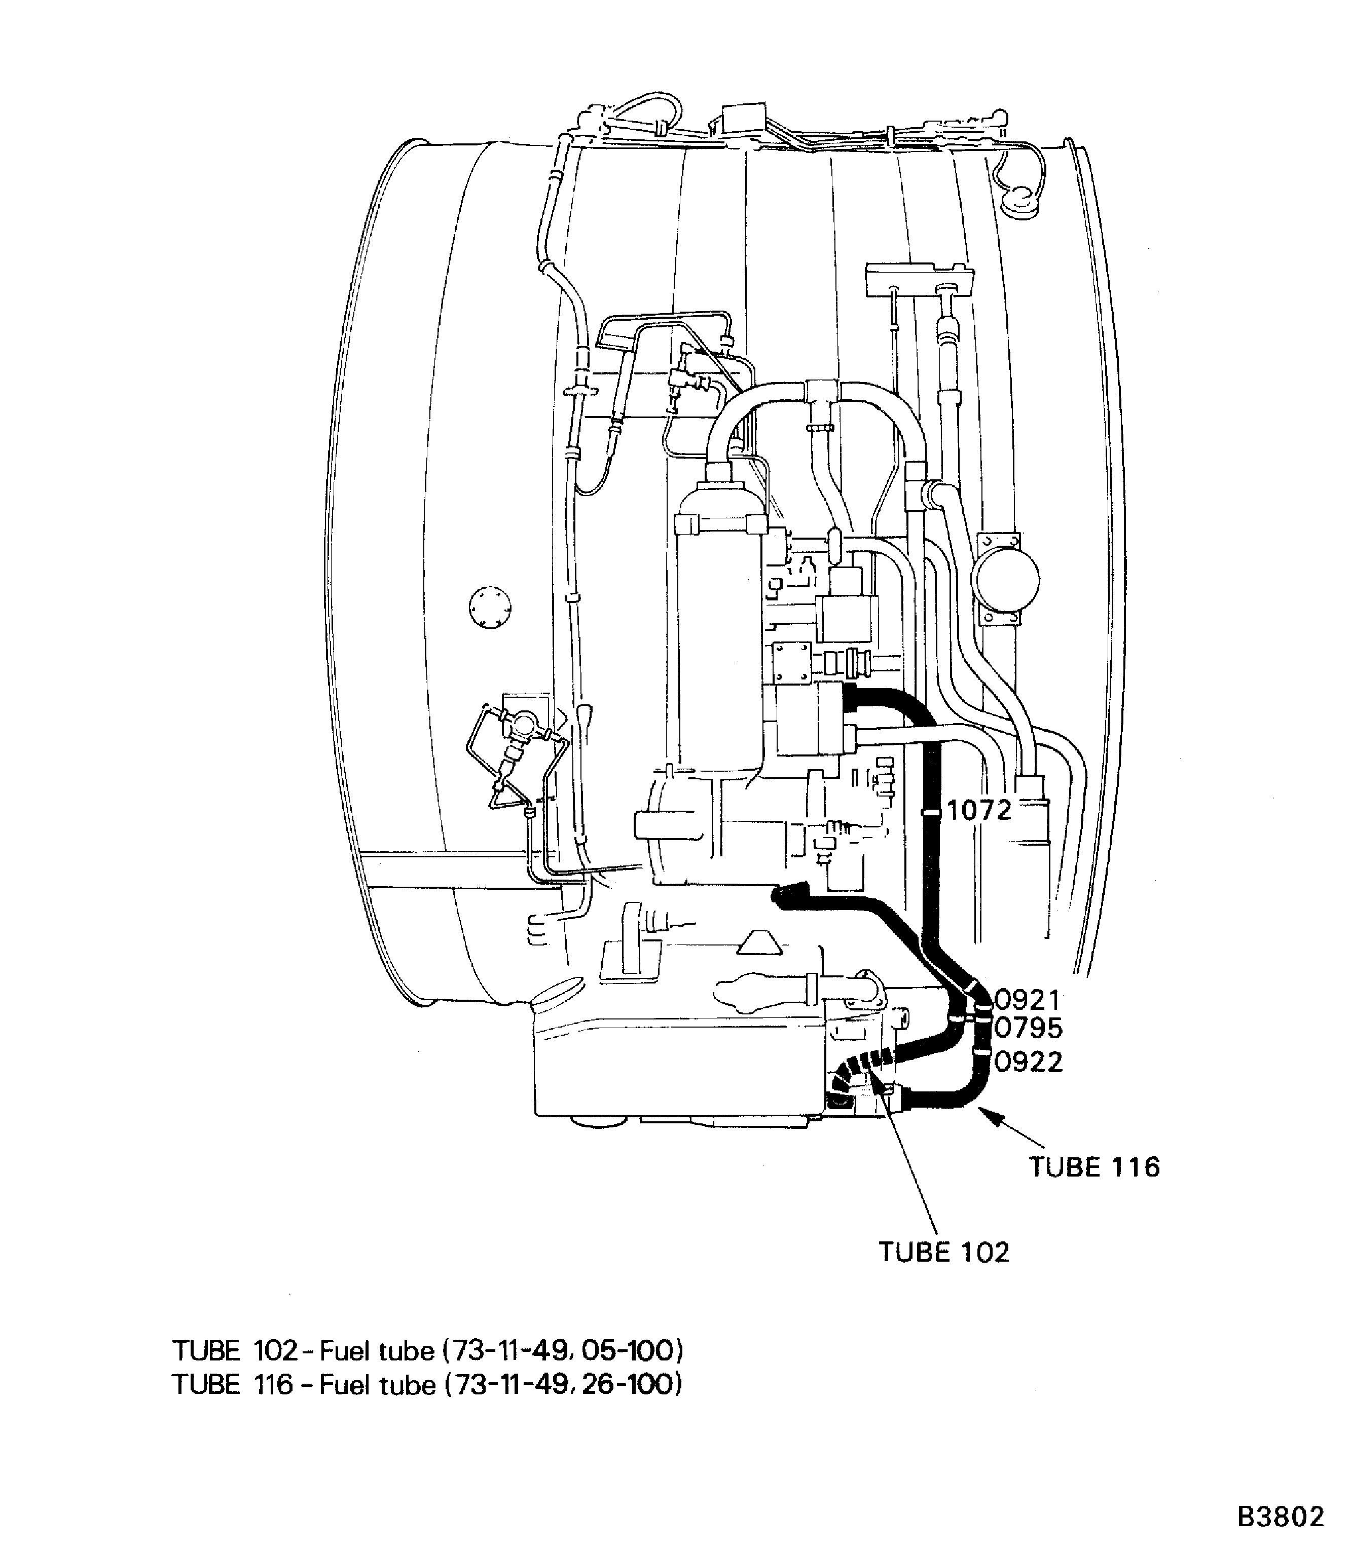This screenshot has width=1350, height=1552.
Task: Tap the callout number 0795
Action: point(1028,1028)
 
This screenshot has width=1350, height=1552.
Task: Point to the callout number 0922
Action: point(1028,1062)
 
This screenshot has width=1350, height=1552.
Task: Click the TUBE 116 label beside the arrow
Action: point(1094,1167)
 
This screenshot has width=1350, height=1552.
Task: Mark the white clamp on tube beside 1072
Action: point(931,813)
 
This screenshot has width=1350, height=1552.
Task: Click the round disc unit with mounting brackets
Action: point(1004,580)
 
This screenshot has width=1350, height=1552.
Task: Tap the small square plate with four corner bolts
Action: point(791,663)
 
